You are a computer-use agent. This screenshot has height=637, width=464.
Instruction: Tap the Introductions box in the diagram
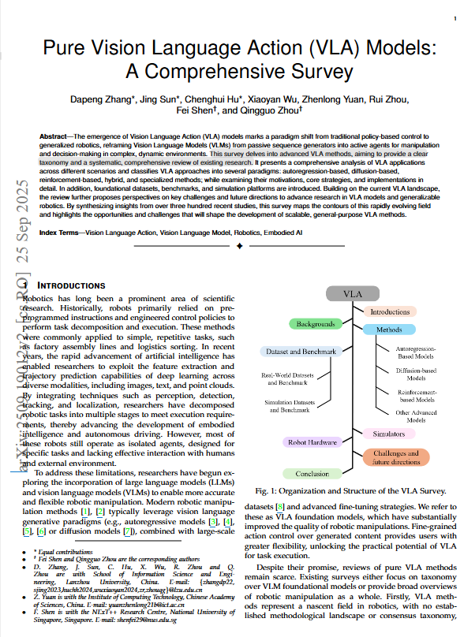391,312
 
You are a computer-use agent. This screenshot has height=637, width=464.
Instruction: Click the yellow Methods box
389,330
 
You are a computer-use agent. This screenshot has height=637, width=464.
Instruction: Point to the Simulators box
388,434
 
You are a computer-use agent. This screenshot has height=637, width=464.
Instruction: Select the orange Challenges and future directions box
396,457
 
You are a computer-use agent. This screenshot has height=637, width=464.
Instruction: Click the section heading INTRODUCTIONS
71,285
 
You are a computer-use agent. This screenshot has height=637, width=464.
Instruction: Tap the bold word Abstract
53,137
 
